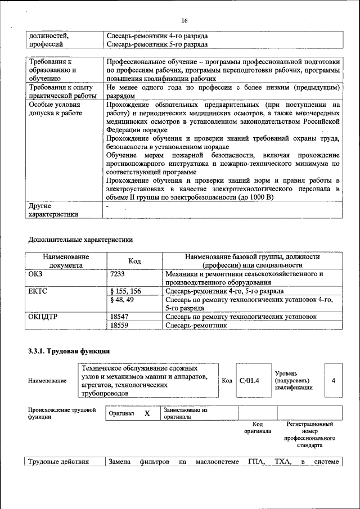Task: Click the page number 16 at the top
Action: click(184, 21)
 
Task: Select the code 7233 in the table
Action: click(119, 274)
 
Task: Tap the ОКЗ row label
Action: click(35, 274)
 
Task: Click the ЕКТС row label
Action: click(38, 291)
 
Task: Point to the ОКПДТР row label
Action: click(43, 317)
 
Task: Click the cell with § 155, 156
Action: click(126, 291)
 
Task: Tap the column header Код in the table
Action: click(134, 261)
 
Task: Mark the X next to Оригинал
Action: click(147, 413)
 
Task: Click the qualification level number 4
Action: click(333, 381)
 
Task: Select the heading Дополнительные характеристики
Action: click(80, 240)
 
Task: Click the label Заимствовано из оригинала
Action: click(186, 414)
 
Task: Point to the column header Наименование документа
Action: click(66, 261)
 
